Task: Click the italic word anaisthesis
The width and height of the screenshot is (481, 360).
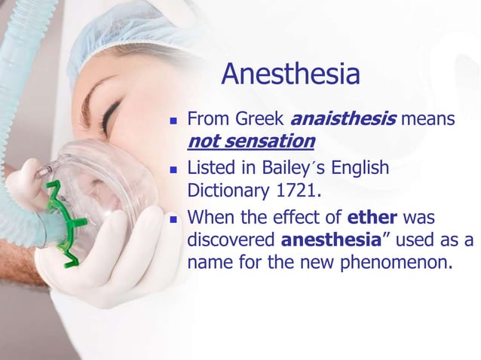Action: pos(343,119)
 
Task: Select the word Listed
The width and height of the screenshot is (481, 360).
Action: pos(209,167)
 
